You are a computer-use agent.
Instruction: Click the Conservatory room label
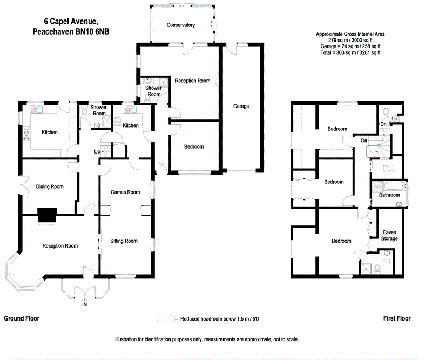point(180,25)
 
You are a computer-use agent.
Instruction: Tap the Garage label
point(241,106)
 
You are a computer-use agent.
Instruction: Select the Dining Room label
point(50,187)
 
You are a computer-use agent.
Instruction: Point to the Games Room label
point(125,192)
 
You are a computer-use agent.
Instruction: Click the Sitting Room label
point(124,241)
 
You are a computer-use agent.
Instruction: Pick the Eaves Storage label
point(389,235)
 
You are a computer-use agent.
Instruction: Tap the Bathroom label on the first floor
point(389,195)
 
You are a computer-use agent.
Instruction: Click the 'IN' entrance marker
point(84,305)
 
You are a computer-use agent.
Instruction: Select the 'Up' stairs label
point(98,151)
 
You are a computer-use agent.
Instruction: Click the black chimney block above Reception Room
point(47,216)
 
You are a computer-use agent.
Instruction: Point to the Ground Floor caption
point(22,318)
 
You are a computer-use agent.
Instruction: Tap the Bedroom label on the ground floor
point(193,147)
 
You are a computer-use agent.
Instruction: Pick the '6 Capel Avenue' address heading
point(71,22)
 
